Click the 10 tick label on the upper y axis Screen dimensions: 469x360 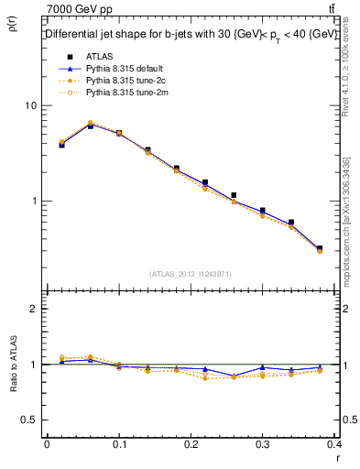pos(31,105)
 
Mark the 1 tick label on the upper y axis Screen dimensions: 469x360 pos(34,201)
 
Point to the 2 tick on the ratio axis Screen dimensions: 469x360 pos(34,309)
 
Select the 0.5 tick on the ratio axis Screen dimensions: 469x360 pos(29,420)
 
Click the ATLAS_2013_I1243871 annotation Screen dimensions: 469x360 pos(191,274)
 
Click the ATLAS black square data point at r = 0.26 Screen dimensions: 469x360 pos(235,195)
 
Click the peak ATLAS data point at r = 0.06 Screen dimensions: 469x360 pos(90,125)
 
